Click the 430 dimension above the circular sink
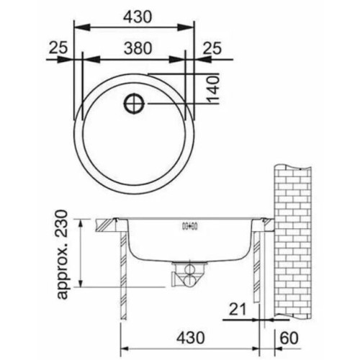138,17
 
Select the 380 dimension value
138,48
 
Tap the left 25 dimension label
58,48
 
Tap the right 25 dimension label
212,48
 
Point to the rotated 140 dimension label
213,90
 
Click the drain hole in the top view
134,104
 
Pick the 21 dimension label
238,309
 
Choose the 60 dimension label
289,338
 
